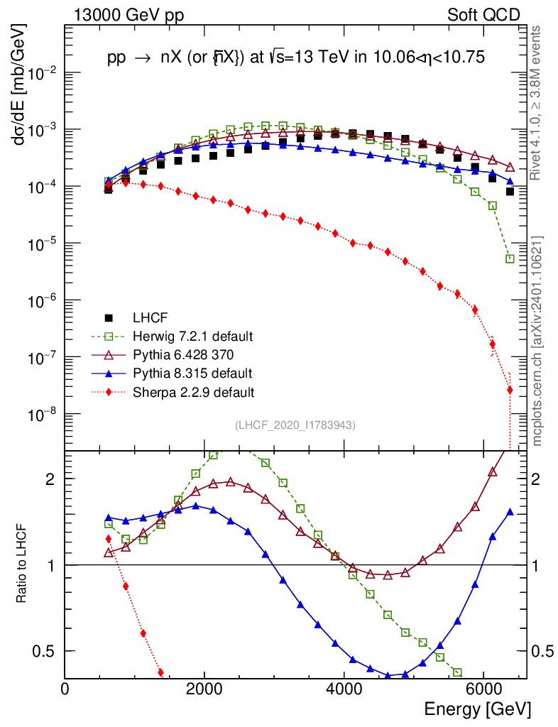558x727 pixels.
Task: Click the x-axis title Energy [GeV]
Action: (477, 709)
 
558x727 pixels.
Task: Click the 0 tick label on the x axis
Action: (65, 689)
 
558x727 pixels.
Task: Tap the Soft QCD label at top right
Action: (483, 15)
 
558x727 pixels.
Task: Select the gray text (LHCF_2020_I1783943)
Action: (295, 425)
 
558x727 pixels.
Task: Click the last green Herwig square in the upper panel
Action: (510, 259)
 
